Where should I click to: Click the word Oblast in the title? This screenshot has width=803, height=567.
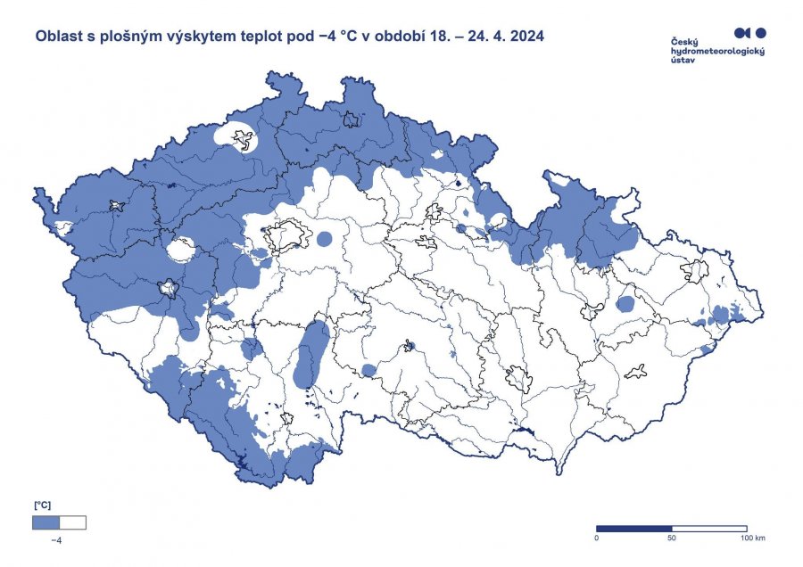[x=56, y=37]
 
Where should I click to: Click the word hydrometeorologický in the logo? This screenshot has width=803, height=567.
[x=717, y=51]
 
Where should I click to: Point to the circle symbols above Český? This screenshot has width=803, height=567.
[x=749, y=33]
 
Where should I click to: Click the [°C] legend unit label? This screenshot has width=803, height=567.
[x=43, y=505]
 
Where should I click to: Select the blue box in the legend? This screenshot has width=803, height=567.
[x=46, y=522]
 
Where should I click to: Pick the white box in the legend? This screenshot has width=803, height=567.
[x=72, y=522]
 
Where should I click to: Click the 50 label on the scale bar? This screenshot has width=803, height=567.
[x=671, y=538]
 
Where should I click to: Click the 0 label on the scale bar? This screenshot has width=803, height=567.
[x=596, y=538]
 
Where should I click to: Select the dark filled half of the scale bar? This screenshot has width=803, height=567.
[x=633, y=528]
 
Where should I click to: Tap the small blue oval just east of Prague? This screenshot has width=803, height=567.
[x=324, y=239]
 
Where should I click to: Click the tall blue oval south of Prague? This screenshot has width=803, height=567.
[x=310, y=354]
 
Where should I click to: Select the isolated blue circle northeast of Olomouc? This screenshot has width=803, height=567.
[x=625, y=304]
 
